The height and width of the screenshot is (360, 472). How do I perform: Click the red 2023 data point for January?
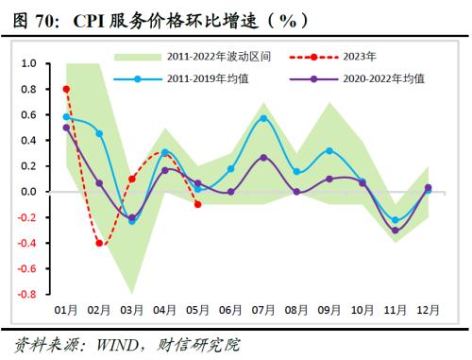click(x=66, y=89)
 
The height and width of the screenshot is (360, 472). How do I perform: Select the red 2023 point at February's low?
click(x=99, y=243)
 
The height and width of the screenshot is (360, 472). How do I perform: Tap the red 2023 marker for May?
click(x=197, y=204)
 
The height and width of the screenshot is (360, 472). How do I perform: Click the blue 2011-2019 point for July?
click(x=263, y=118)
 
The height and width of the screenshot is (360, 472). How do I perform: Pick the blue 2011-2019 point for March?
click(x=132, y=221)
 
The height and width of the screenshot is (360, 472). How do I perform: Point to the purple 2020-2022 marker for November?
click(x=395, y=230)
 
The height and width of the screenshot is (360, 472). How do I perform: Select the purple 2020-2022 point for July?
click(x=263, y=157)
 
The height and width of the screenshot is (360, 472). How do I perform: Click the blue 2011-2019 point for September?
click(x=329, y=150)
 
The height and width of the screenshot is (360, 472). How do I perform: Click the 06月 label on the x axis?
click(x=230, y=310)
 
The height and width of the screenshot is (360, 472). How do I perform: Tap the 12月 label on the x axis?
click(x=427, y=310)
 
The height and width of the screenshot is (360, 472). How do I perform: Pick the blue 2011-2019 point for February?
click(x=99, y=133)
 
